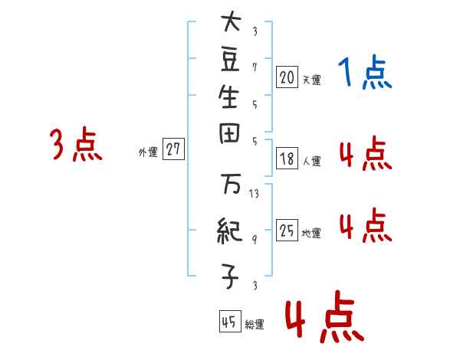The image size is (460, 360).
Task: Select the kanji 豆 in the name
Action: click(x=230, y=60)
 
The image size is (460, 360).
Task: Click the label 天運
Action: click(x=311, y=79)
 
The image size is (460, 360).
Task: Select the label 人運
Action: click(x=311, y=162)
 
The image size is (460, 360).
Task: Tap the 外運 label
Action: click(x=148, y=152)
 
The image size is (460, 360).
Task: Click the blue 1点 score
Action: click(x=364, y=73)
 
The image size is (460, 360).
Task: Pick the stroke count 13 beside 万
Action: click(x=255, y=194)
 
